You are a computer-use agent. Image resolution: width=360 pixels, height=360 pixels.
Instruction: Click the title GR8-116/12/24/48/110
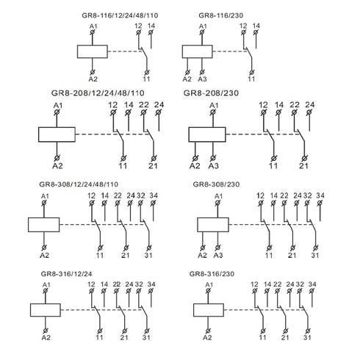tap(120, 15)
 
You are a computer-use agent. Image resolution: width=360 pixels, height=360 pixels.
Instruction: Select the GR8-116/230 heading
tap(220, 15)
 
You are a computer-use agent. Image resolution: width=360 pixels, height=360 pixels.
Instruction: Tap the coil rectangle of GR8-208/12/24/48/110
tap(57, 134)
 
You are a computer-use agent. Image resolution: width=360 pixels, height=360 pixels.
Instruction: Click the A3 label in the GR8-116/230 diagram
tap(202, 79)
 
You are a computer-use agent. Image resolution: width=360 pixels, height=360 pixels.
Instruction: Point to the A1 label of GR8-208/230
tap(214, 106)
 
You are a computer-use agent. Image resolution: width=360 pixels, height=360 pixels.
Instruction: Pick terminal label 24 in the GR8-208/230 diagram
tap(310, 105)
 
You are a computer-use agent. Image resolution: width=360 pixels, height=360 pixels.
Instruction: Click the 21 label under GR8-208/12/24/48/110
tap(153, 166)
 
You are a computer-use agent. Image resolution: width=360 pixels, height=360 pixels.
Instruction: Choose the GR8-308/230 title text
tap(216, 184)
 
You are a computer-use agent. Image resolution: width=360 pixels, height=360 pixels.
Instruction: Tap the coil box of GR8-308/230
tap(213, 225)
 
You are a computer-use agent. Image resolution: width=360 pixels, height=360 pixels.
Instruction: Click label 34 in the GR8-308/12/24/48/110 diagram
tap(154, 195)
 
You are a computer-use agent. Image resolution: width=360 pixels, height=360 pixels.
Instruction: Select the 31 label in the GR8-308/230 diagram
tap(315, 256)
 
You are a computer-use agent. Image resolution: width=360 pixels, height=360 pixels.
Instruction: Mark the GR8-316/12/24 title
tap(66, 273)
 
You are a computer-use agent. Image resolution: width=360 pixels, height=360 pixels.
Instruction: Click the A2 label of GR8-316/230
tap(207, 337)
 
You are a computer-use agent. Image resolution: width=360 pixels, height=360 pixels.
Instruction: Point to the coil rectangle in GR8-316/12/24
tap(46, 310)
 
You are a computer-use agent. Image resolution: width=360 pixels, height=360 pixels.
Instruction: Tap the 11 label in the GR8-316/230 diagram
tap(262, 337)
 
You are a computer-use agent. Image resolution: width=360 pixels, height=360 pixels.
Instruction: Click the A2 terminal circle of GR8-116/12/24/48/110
tap(93, 72)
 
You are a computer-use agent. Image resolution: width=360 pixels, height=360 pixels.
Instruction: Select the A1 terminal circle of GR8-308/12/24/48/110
tap(44, 203)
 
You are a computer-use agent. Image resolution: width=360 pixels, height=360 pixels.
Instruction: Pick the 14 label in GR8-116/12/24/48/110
tap(151, 26)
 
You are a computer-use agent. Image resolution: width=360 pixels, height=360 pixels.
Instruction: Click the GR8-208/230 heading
tap(211, 93)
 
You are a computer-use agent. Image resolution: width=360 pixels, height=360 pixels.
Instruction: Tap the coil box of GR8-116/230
tap(198, 51)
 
